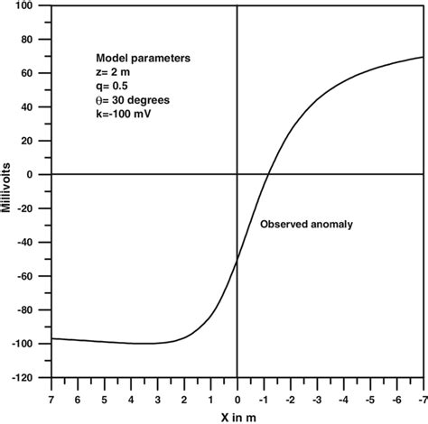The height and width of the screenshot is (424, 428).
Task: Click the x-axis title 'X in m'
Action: (x=236, y=415)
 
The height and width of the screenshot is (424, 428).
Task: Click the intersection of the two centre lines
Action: (x=237, y=175)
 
